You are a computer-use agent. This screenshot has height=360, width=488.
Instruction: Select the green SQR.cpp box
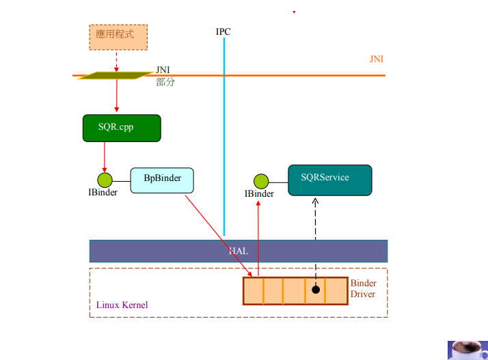(x=122, y=128)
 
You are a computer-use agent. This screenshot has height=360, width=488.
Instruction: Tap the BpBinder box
(x=162, y=180)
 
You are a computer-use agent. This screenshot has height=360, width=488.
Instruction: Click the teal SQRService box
(x=330, y=180)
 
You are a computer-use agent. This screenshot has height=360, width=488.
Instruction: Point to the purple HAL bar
(x=238, y=251)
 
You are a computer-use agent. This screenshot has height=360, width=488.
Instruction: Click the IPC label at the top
(x=223, y=32)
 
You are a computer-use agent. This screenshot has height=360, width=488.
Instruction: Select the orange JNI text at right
(x=376, y=59)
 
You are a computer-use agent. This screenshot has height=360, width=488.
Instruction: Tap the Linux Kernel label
(x=122, y=305)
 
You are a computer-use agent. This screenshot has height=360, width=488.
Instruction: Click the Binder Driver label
(x=363, y=289)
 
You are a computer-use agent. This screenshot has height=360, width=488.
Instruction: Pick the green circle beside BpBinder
(x=105, y=180)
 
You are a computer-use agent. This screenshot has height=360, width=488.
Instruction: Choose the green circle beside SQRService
(x=260, y=182)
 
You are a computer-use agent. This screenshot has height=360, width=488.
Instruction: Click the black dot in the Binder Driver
(x=315, y=290)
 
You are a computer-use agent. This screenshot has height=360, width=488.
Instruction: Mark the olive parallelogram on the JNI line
(x=116, y=75)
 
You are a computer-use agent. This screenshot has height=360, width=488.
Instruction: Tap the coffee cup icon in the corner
(x=467, y=350)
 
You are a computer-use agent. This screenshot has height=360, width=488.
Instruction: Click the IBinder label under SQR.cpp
(x=103, y=193)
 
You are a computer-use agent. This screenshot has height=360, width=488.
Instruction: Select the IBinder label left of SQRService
(x=259, y=194)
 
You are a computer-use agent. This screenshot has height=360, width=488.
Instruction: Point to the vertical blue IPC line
(x=223, y=137)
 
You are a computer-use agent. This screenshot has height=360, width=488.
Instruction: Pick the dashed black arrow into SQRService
(x=315, y=232)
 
